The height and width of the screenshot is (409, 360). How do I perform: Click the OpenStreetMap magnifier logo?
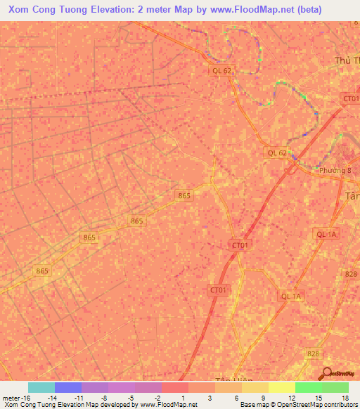(x=327, y=374)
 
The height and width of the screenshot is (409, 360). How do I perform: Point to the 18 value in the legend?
(x=345, y=397)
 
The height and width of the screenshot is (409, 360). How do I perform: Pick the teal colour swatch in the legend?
(x=41, y=387)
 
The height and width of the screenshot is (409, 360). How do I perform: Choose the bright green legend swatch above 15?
(x=308, y=387)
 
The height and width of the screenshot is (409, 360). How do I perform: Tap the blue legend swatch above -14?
(x=67, y=387)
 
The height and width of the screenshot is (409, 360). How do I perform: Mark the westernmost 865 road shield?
(x=43, y=271)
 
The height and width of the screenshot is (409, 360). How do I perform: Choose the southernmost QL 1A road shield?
(x=290, y=297)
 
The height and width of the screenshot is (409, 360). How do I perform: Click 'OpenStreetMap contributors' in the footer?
(x=320, y=405)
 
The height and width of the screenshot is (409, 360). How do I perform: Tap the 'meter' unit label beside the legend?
(x=10, y=397)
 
